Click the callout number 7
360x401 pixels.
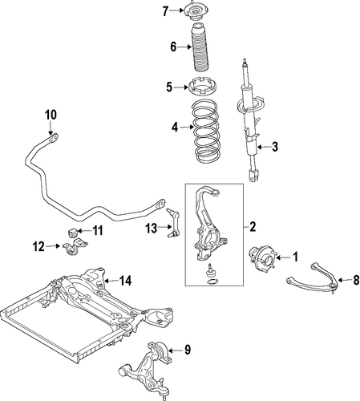pyautogui.click(x=165, y=11)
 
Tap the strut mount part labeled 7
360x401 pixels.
pyautogui.click(x=195, y=11)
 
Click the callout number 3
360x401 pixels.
pyautogui.click(x=275, y=147)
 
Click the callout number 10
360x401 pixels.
pyautogui.click(x=51, y=115)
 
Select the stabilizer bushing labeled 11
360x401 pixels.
pyautogui.click(x=72, y=232)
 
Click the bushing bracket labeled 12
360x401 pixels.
pyautogui.click(x=75, y=246)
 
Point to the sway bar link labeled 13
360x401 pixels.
pyautogui.click(x=172, y=223)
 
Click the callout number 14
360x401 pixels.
pyautogui.click(x=125, y=281)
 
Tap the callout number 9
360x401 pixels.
pyautogui.click(x=188, y=350)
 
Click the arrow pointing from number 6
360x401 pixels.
pyautogui.click(x=184, y=47)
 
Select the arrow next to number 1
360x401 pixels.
pyautogui.click(x=283, y=257)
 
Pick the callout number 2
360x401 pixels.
pyautogui.click(x=253, y=227)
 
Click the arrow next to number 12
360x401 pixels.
pyautogui.click(x=53, y=246)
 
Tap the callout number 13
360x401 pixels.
pyautogui.click(x=151, y=228)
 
